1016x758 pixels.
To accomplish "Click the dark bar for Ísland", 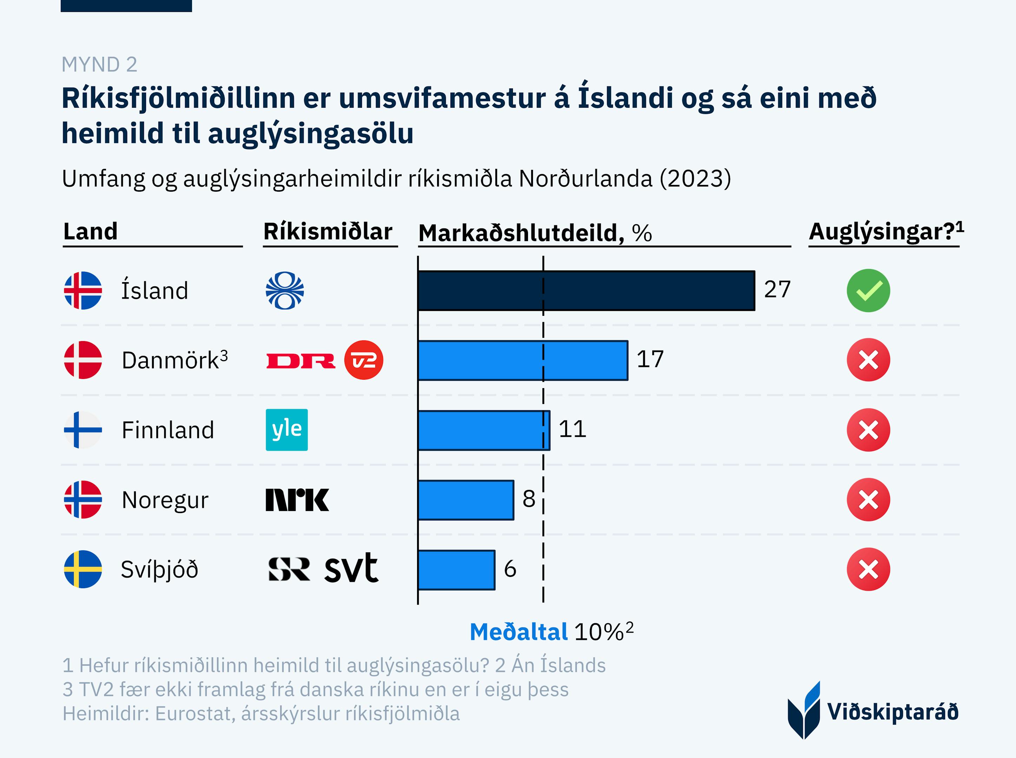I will click(586, 291).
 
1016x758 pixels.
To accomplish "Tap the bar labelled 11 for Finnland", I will click(484, 430).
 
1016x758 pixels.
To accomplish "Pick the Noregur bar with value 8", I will click(466, 500).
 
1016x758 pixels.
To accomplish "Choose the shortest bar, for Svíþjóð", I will click(456, 570).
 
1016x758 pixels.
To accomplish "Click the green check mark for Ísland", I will click(868, 291).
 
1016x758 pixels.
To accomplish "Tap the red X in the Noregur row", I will click(868, 500).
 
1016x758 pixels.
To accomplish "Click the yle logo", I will click(287, 430).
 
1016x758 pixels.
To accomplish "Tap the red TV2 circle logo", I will click(363, 360).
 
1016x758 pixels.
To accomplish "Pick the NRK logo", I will click(297, 500).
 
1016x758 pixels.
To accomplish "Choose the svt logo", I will click(351, 569).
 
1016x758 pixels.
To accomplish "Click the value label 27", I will click(777, 290).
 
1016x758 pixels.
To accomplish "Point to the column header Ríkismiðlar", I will click(328, 231).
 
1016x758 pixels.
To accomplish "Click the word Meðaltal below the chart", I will click(519, 632).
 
